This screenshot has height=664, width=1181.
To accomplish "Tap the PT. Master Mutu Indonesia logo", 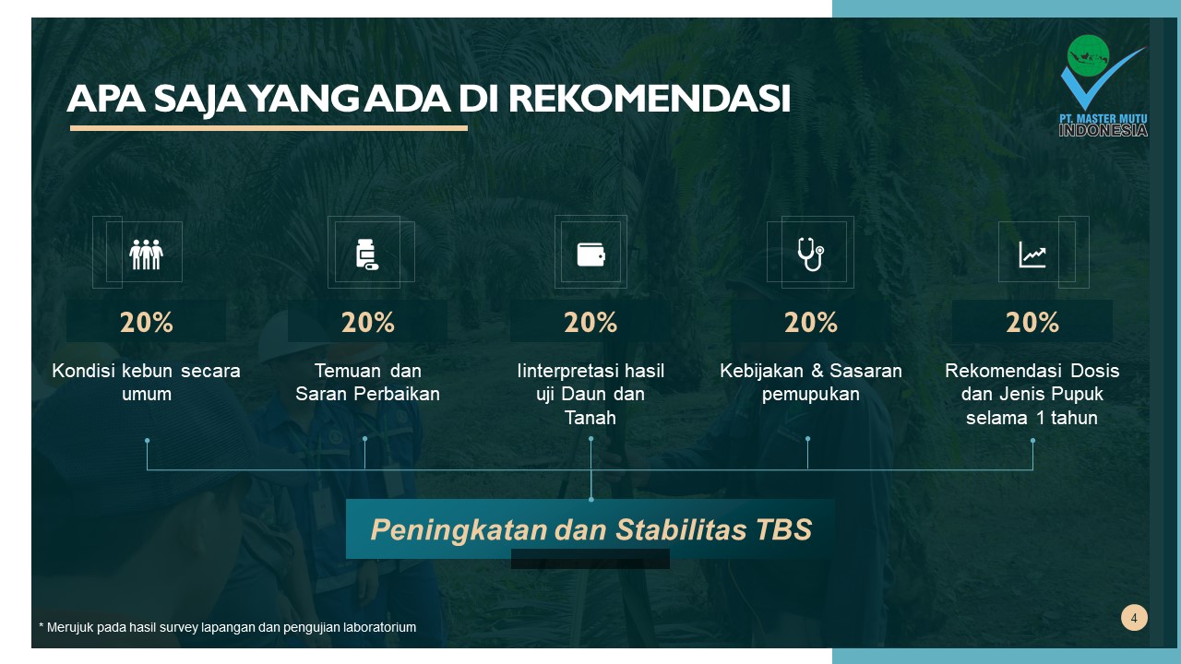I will [1103, 86].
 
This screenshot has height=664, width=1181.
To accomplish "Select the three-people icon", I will [146, 254].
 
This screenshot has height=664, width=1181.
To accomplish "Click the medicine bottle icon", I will [367, 254].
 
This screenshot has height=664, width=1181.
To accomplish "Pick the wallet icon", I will [590, 254].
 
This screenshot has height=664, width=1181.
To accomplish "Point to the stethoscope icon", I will [810, 254].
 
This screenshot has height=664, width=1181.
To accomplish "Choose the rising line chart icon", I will [1032, 254].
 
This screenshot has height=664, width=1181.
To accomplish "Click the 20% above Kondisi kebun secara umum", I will [146, 322].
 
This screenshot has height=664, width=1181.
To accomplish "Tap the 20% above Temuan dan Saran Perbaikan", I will [367, 322].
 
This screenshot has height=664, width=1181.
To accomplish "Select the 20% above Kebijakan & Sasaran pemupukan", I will [810, 322].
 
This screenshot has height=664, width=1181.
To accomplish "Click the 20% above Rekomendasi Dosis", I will [1032, 322].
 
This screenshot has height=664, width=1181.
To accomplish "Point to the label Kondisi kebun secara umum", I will [146, 382].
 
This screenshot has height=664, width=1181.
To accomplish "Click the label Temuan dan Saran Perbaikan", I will [367, 382].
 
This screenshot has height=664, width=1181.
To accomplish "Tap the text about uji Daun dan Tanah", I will [590, 395].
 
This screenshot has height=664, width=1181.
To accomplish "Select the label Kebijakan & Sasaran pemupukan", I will [810, 382].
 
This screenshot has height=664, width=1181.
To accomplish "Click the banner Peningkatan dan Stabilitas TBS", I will [590, 529].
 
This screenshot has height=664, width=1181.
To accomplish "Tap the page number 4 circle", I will [1134, 618].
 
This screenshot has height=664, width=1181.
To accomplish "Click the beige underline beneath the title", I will [268, 128].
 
